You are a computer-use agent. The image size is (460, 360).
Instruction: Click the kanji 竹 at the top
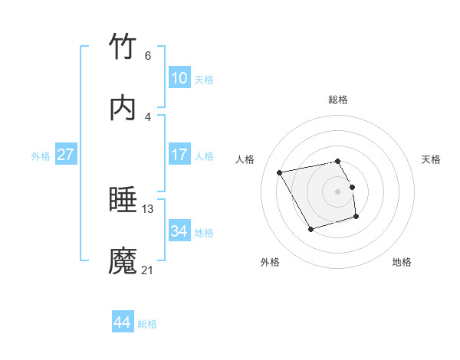[123, 47]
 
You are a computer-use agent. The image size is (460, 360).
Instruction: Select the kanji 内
[123, 109]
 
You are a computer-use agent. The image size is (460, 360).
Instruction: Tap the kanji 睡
[123, 201]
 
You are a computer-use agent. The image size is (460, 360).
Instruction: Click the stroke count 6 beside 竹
[147, 55]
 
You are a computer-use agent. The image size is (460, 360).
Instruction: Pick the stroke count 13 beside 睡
[148, 208]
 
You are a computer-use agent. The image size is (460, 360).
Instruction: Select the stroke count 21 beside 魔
[148, 270]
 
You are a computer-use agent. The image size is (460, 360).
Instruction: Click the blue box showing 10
[179, 78]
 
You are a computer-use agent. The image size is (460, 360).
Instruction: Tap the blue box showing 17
[179, 155]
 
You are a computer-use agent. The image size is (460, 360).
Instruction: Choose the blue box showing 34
[179, 231]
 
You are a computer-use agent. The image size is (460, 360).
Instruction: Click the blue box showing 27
[66, 155]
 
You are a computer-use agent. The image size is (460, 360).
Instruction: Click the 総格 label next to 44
[147, 324]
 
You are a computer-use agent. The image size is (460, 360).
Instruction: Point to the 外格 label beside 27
[41, 156]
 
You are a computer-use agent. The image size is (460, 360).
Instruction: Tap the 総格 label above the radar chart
[338, 100]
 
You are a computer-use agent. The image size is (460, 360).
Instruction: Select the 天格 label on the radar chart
[431, 159]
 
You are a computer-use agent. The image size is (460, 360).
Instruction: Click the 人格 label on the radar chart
[245, 159]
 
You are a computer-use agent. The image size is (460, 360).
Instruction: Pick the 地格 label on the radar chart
[402, 262]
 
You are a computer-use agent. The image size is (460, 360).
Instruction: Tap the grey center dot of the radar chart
[338, 191]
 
